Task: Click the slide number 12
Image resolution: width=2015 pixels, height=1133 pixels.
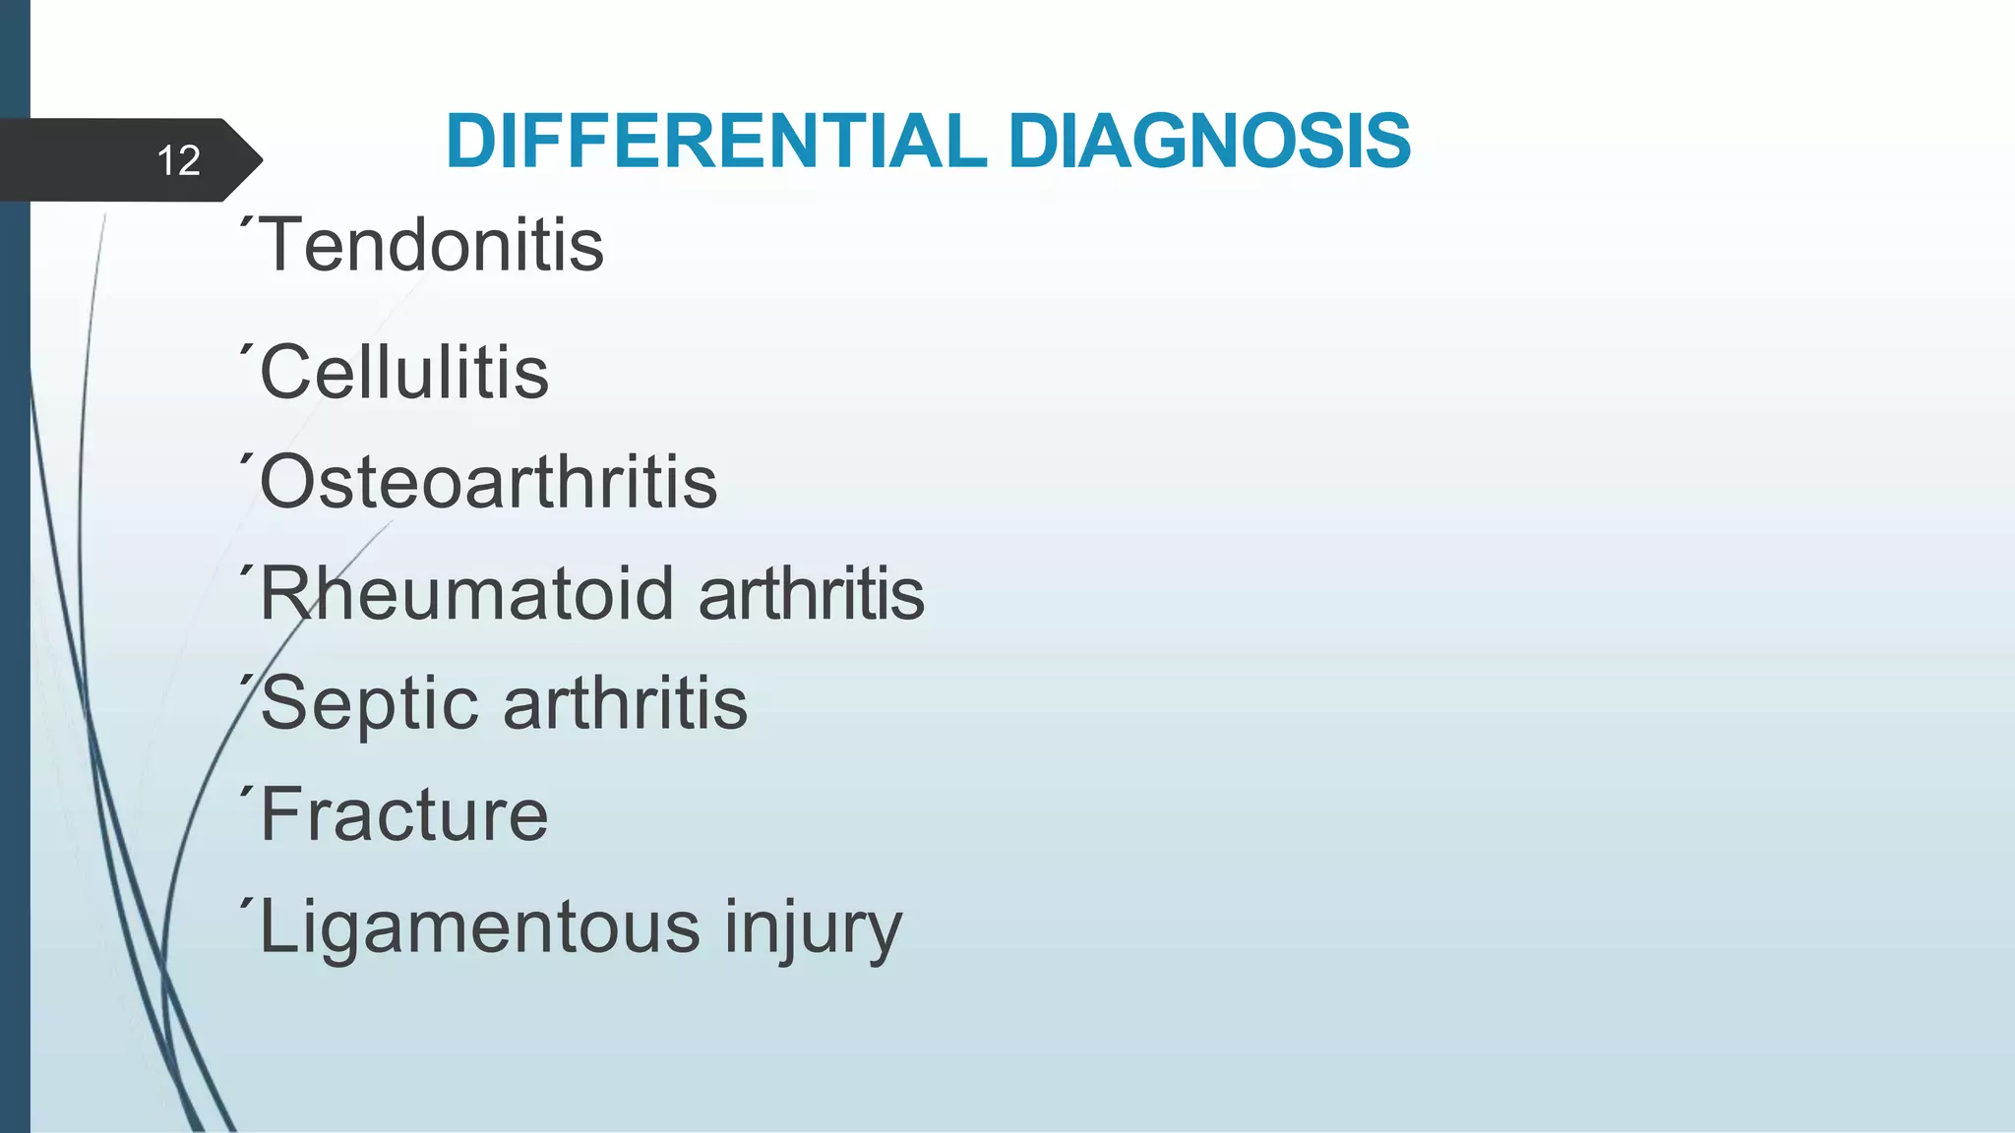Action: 178,160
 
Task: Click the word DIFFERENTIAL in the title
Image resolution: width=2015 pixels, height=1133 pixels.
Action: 715,142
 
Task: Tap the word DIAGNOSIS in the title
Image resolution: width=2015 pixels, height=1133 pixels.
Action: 1209,142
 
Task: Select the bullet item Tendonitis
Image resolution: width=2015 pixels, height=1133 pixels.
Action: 433,245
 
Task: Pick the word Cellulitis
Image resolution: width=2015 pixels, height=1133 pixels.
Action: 404,374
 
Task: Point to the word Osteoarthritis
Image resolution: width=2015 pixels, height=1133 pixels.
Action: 488,483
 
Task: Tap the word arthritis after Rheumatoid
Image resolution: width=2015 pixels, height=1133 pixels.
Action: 811,594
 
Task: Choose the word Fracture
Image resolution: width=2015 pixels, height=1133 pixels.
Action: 404,815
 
